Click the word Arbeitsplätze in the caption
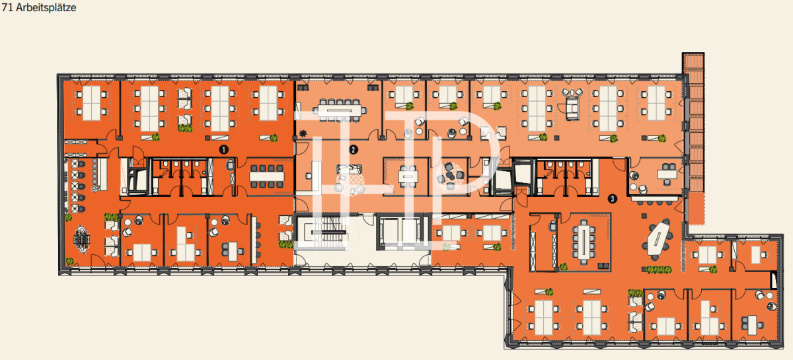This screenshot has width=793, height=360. coord(46,7)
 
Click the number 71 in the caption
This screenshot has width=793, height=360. coord(7,7)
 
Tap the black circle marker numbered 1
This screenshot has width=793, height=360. coord(223,149)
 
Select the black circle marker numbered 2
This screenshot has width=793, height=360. coord(353,149)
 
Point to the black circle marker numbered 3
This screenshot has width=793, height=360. coord(613,199)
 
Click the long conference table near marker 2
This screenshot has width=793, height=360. coord(339,110)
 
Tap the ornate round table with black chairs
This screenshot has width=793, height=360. coord(82,240)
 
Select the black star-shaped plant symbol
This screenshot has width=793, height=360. coord(303,133)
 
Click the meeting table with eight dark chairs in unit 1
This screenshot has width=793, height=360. coord(266,176)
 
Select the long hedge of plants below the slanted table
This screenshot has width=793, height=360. coord(658,270)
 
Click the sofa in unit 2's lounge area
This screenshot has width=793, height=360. coord(349,169)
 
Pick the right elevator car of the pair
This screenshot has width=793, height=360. coord(410,232)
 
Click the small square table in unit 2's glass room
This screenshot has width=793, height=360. coord(408,176)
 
